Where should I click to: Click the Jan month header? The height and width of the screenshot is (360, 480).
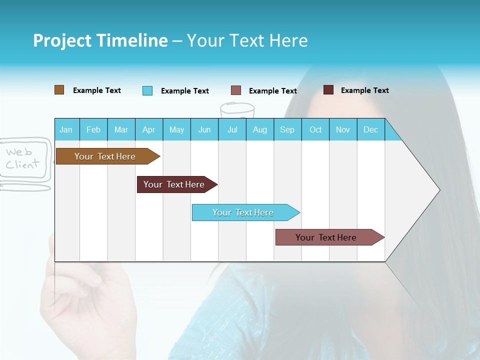click(66, 129)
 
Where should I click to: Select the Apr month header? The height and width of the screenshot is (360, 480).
click(149, 129)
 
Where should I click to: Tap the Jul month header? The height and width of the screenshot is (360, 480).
click(232, 129)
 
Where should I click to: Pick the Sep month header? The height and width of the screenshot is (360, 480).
click(287, 129)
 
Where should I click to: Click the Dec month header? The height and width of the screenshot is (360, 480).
click(370, 129)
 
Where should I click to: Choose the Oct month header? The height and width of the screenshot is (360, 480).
click(315, 129)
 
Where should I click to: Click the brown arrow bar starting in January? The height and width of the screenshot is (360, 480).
click(105, 156)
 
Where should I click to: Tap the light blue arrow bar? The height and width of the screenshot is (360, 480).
click(243, 212)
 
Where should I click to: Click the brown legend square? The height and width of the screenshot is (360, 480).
click(59, 90)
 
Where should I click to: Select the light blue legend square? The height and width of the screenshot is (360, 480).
click(147, 90)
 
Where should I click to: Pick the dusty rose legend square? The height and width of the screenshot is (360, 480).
click(236, 90)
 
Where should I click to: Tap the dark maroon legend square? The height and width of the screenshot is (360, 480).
click(328, 90)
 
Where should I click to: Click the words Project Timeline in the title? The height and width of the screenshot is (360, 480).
click(100, 40)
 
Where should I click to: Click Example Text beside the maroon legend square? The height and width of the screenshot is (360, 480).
click(364, 90)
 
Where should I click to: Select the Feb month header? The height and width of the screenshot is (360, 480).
click(93, 129)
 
